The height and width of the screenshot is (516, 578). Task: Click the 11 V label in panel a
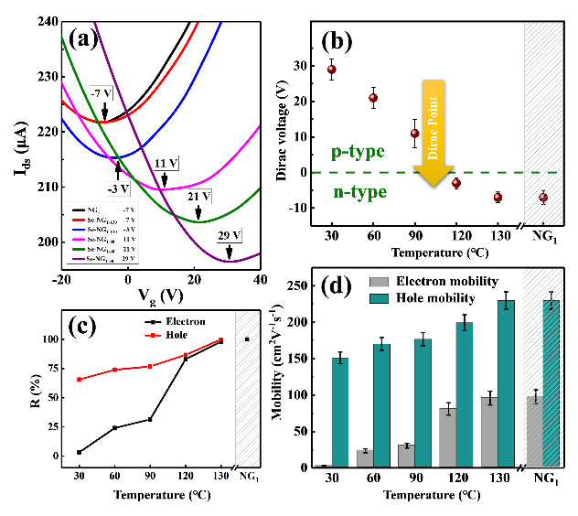tap(166, 162)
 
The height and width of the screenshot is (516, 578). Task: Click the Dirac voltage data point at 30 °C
tap(332, 70)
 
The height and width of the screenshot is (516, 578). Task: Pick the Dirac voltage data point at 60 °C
tap(373, 98)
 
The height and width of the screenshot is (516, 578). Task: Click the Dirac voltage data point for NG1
tap(542, 197)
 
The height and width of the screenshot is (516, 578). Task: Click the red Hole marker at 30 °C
tap(80, 379)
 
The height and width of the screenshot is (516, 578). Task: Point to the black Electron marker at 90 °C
tap(150, 419)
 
